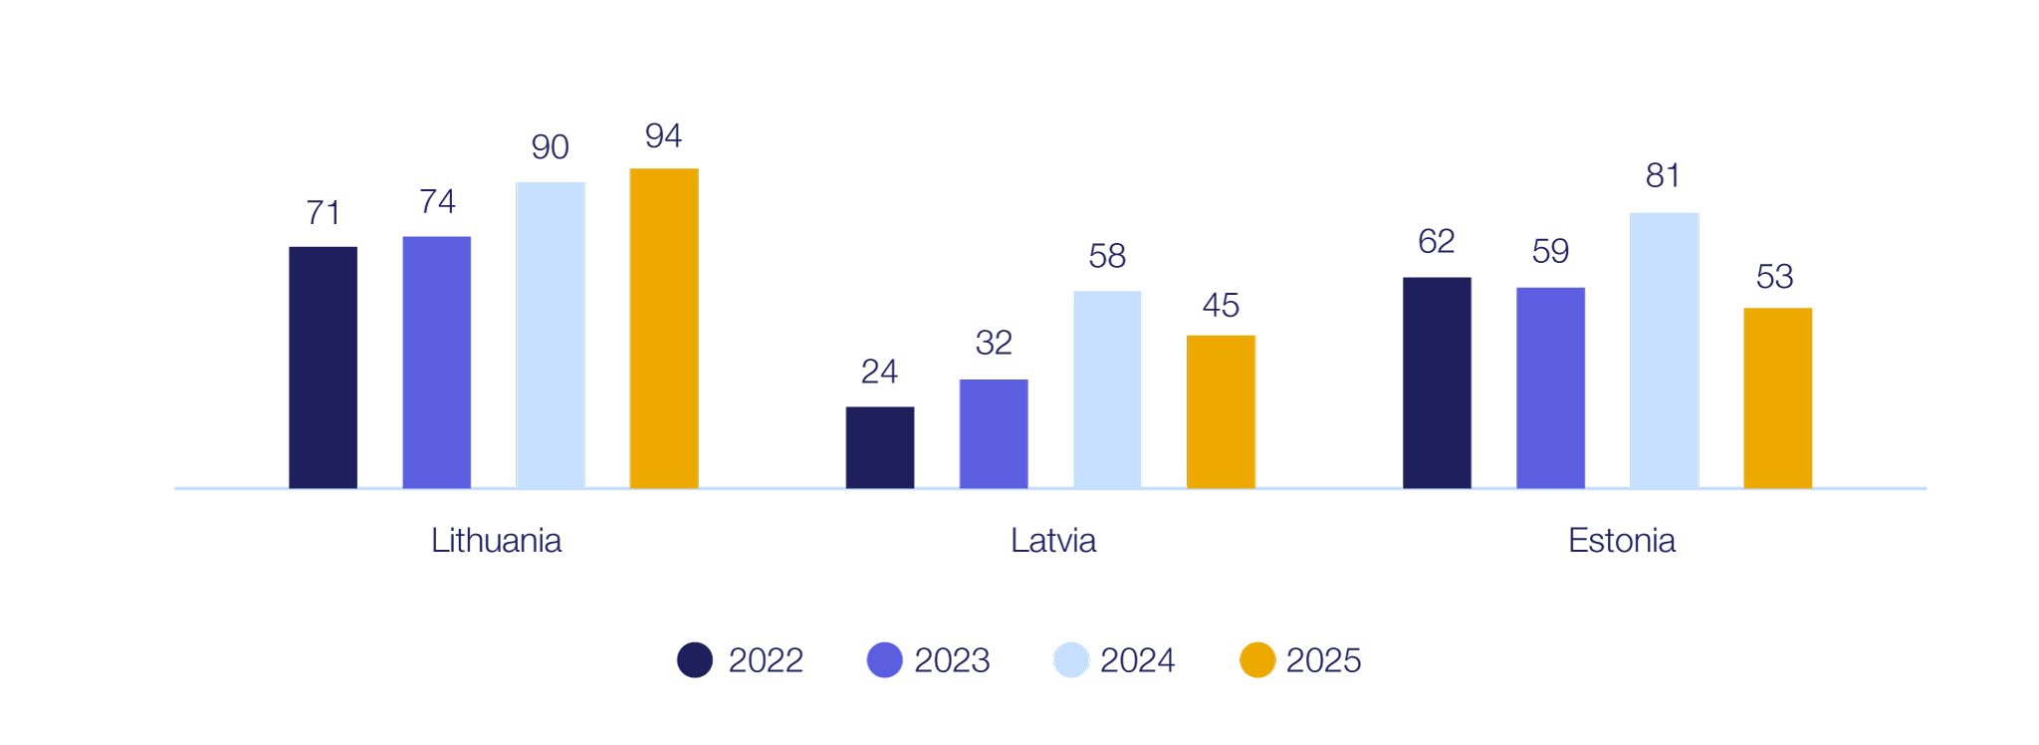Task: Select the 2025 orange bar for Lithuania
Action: pyautogui.click(x=664, y=328)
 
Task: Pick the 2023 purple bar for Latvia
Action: pyautogui.click(x=994, y=433)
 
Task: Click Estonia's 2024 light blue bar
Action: pyautogui.click(x=1664, y=350)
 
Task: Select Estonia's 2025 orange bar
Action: pyautogui.click(x=1777, y=397)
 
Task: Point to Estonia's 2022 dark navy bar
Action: pyautogui.click(x=1437, y=382)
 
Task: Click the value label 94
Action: pyautogui.click(x=663, y=135)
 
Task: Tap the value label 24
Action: pyautogui.click(x=879, y=372)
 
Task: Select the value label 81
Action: pyautogui.click(x=1663, y=176)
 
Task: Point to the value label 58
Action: pyautogui.click(x=1107, y=256)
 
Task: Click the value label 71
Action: pyautogui.click(x=323, y=212)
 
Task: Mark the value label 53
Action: pyautogui.click(x=1774, y=276)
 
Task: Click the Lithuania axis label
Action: pyautogui.click(x=496, y=541)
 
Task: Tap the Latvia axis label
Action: pyautogui.click(x=1053, y=541)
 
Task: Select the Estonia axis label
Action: pyautogui.click(x=1621, y=541)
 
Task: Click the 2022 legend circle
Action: pyautogui.click(x=695, y=659)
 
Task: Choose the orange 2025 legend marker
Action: pyautogui.click(x=1257, y=659)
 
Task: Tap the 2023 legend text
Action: pyautogui.click(x=952, y=660)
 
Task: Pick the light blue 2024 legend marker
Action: pyautogui.click(x=1071, y=659)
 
